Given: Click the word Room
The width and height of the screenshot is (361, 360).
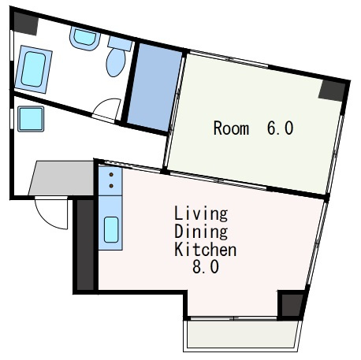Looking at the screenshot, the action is coord(231,128).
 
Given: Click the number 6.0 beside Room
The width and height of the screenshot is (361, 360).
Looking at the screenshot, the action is coord(280,128).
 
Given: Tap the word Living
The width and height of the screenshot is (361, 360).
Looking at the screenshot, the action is coord(201,213).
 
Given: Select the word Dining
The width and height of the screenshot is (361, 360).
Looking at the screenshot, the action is coord(201,231).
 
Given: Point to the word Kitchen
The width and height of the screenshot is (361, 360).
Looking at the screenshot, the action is coord(206,249).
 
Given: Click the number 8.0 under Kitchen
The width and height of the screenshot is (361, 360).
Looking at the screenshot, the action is coord(206,267).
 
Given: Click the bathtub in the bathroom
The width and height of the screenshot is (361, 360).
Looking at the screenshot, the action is coord(33,69).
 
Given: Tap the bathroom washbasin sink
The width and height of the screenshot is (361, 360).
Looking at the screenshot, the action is coord(85,39).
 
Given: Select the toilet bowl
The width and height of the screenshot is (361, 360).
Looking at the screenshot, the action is coord(116,62).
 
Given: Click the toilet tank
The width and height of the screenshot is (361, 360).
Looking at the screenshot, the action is coord(120,43).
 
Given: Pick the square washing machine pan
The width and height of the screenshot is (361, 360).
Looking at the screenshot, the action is coord(31,119).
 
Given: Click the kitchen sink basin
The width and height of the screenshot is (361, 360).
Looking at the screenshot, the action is coord(111,229).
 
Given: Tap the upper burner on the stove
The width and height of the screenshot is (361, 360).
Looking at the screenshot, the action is coord(111,174).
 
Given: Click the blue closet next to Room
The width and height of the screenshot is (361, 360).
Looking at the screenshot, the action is coord(155,87).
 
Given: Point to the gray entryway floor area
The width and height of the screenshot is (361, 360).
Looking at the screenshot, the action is coord(61,178).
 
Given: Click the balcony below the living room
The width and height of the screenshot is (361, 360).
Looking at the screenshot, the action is coord(242,336).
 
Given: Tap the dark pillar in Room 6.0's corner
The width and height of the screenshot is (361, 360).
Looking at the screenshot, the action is coord(333,91).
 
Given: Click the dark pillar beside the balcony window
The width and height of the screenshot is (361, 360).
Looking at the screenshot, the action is coord(292,305).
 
